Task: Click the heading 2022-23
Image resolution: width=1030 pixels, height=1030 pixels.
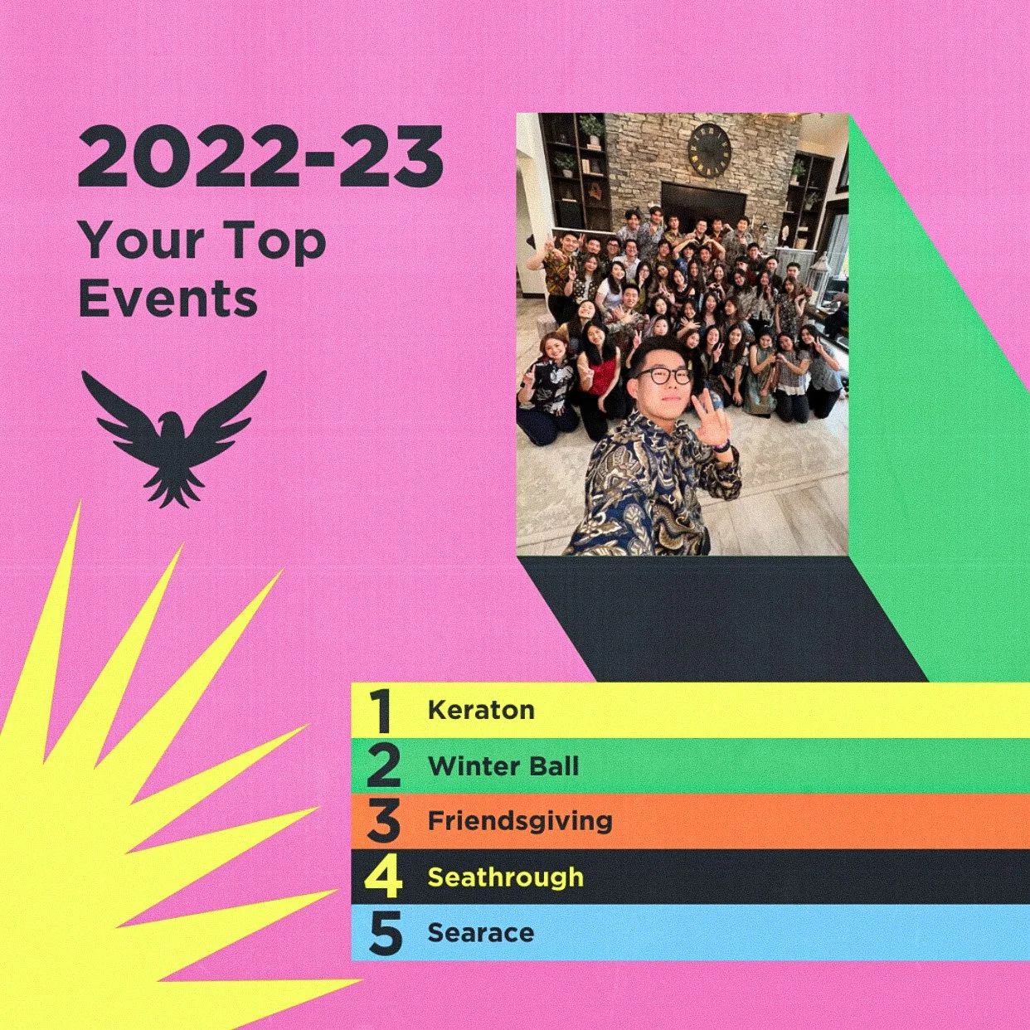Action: coord(260,158)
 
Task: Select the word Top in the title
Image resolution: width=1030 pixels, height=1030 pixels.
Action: coord(276,242)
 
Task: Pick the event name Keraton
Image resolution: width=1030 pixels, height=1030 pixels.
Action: coord(481,710)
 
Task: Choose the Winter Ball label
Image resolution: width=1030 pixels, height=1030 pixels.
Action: coord(503,765)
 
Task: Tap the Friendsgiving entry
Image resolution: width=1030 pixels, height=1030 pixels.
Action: coord(520,821)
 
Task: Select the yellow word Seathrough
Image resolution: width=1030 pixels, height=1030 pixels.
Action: coord(506,877)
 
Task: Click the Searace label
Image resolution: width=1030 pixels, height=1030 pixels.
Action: coord(481,933)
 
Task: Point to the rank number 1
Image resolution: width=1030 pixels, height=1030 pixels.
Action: coord(381,711)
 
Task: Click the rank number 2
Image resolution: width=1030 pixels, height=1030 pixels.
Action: coord(383,766)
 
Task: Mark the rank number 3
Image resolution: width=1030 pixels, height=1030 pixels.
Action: coord(383,822)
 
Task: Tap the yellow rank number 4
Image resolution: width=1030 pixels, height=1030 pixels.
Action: coord(384,877)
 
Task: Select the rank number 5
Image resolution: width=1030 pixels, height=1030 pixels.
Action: coord(385,934)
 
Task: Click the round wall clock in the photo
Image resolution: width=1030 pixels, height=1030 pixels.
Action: coord(709,150)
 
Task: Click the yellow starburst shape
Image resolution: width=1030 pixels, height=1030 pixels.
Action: coord(100,829)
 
